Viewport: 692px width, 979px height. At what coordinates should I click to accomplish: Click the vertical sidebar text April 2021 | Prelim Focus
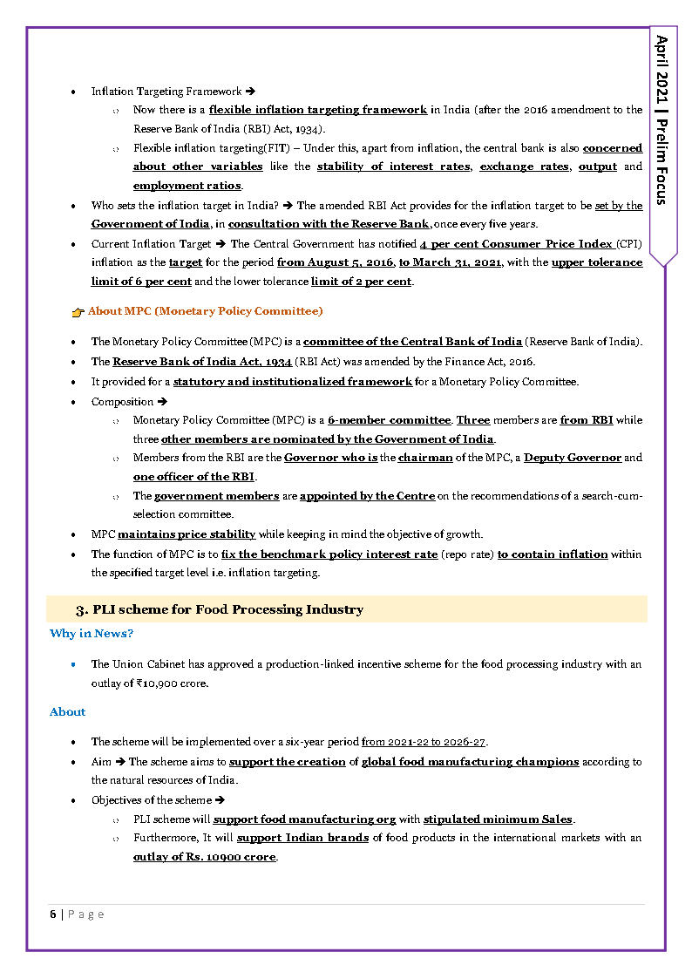(662, 119)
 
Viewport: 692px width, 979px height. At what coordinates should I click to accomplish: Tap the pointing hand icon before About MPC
(78, 311)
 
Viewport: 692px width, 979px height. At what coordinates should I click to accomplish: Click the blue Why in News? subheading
(92, 634)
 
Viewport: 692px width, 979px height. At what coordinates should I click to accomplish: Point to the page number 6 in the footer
(53, 914)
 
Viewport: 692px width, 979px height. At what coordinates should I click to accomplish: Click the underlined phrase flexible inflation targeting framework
(317, 110)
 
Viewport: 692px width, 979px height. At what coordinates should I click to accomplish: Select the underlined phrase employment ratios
(187, 186)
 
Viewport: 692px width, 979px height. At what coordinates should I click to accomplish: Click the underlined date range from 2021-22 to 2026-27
(424, 742)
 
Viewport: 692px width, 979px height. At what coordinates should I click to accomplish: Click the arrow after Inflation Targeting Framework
(250, 92)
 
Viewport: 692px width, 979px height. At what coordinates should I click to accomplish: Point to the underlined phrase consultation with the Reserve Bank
(329, 224)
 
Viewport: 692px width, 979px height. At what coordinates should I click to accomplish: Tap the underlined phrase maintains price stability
(187, 534)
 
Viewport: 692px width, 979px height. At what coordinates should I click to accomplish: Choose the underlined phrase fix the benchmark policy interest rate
(329, 554)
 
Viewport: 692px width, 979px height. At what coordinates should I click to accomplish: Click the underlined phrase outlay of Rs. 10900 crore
(205, 857)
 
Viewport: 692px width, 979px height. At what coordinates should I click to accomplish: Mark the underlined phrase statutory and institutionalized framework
(292, 382)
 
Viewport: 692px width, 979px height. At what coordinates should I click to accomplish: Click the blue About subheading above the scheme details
(67, 712)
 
